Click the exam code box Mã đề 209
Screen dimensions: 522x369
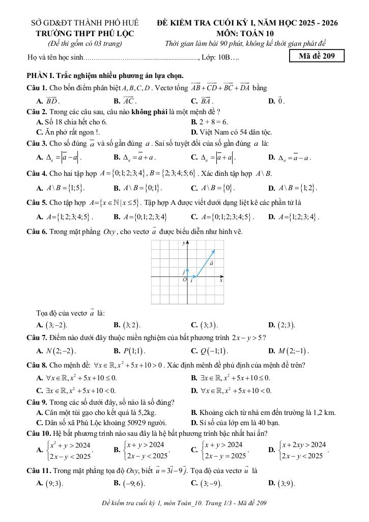coord(316,56)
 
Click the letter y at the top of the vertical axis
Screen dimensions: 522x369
coord(184,244)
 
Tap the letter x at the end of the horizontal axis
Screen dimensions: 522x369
coord(221,280)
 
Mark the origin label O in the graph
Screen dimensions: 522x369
coord(185,280)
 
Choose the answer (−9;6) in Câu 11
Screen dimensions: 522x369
coord(134,483)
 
